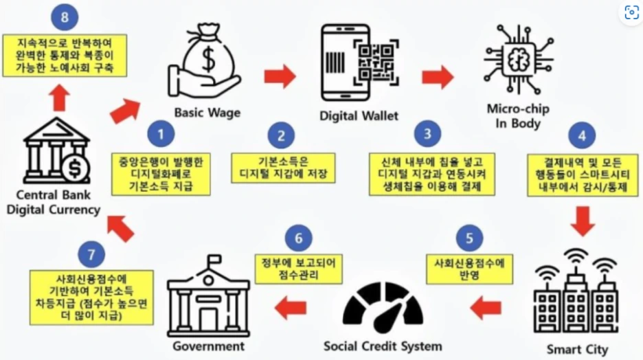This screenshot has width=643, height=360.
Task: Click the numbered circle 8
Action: coord(65,17)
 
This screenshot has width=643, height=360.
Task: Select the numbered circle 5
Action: coord(469,239)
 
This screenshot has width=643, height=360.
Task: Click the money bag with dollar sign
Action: coord(207,55)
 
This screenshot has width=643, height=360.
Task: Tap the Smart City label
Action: coord(577,350)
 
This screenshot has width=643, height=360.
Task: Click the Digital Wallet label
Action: coord(359,116)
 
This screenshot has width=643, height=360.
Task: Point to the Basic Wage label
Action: coord(207,113)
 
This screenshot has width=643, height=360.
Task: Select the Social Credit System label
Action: coord(382,345)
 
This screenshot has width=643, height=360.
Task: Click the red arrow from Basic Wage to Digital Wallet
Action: coord(280,76)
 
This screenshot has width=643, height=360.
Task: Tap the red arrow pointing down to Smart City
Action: coord(582,219)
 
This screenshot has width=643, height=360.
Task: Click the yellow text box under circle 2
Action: coord(283,168)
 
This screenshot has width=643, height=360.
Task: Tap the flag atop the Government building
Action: coord(215,259)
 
